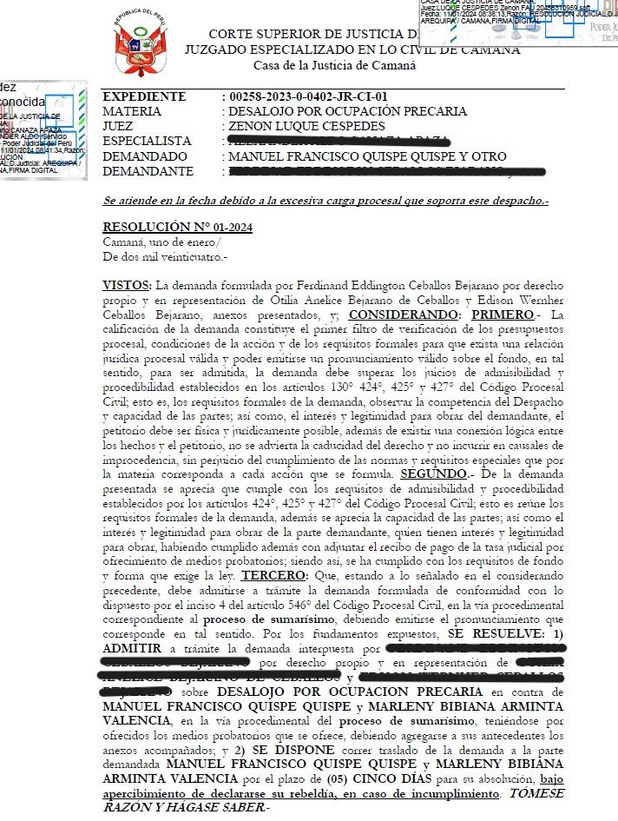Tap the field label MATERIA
[x=132, y=111]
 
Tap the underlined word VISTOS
[x=126, y=285]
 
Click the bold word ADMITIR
[x=130, y=648]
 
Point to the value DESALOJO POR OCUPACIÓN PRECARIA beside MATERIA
[x=347, y=111]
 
